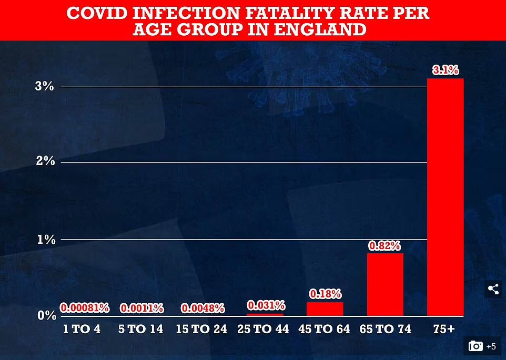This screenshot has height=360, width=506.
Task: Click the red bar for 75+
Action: tap(445, 197)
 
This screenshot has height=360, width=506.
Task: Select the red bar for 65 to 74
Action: tap(385, 284)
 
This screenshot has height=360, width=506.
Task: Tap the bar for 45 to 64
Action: tap(325, 309)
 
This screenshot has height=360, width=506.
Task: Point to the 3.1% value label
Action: tap(445, 70)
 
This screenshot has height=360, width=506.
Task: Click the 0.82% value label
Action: tap(384, 245)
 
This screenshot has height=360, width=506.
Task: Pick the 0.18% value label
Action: tap(325, 294)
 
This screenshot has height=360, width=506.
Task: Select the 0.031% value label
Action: tap(266, 305)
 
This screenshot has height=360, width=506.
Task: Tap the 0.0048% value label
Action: tap(203, 308)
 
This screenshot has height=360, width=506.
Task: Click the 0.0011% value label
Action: tap(142, 308)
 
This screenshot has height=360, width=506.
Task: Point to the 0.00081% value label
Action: tap(85, 308)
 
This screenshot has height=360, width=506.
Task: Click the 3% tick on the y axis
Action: tap(45, 86)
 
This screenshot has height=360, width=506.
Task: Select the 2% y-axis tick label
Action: tap(45, 162)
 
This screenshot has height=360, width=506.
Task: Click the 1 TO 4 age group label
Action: tap(81, 330)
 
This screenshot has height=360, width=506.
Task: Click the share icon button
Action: tap(493, 289)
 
